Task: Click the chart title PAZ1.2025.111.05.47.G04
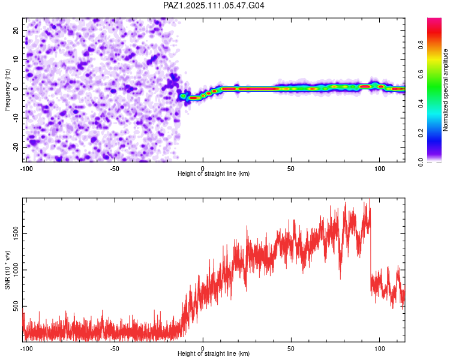tap(214, 5)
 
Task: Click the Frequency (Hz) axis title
tap(7, 90)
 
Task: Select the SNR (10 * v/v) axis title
tap(7, 270)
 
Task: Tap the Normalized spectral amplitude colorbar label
tap(445, 90)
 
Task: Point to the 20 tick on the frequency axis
tap(16, 30)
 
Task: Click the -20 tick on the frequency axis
tap(16, 147)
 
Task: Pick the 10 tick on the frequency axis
tap(16, 59)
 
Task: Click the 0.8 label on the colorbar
tap(421, 45)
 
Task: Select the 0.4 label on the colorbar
tap(421, 103)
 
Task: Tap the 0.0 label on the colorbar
tap(421, 162)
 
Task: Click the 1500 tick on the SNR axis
tap(16, 233)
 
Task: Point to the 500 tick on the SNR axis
tap(16, 306)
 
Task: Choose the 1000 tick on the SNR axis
tap(16, 270)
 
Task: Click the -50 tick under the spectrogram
tap(114, 169)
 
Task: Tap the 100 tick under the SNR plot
tap(379, 349)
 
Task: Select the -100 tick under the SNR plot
tap(26, 349)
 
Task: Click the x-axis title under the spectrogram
tap(214, 173)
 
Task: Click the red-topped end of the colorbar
tap(434, 19)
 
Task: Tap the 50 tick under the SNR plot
tap(291, 349)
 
